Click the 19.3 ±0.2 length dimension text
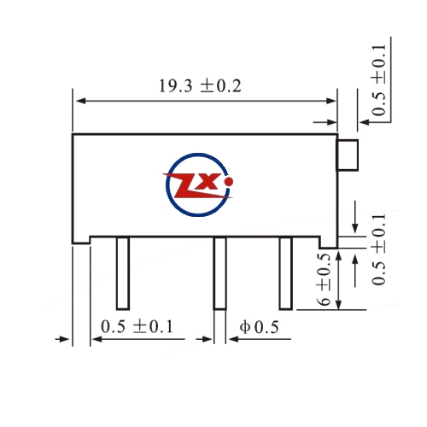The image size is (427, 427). tap(200, 86)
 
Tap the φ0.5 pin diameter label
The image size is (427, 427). tap(259, 327)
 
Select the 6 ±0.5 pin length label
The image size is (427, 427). tap(324, 279)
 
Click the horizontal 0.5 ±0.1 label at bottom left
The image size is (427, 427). tap(137, 326)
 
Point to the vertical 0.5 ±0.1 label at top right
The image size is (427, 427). tap(379, 80)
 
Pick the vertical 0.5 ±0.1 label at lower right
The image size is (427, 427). tap(379, 249)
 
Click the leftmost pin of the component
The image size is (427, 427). tap(123, 273)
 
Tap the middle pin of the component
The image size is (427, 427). tap(220, 273)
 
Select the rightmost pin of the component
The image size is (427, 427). tap(286, 273)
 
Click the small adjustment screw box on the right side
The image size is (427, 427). tap(348, 155)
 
